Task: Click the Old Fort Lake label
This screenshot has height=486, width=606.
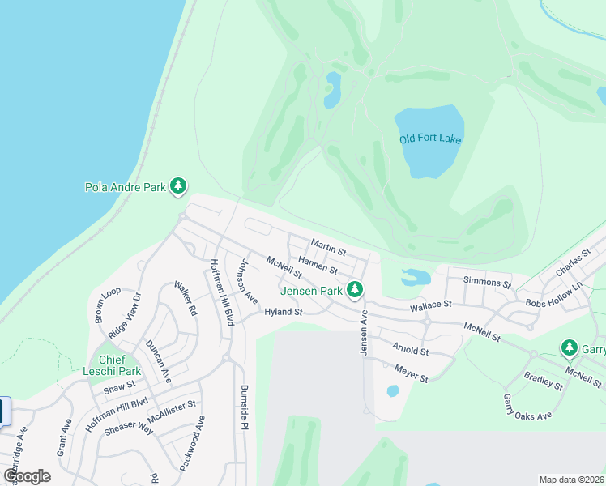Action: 430,139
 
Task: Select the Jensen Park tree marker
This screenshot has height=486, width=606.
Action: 354,289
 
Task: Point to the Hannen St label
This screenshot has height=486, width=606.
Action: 318,264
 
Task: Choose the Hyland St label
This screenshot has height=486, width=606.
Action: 283,312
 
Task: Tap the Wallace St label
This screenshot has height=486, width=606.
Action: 429,305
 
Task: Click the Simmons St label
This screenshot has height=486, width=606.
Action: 487,283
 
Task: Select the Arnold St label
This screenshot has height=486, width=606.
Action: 409,350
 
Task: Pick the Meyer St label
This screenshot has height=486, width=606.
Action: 410,373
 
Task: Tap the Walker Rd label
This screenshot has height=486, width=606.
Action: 186,299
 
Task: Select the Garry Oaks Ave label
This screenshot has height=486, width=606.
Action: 527,407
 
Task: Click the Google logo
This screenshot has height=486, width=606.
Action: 27,475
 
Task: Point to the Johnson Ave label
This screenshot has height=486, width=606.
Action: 246,281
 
